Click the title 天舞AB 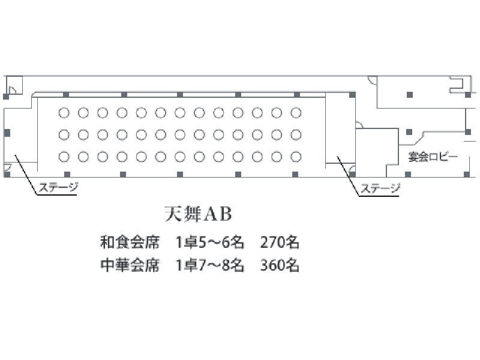tap(198, 214)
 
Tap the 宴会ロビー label tap(433, 157)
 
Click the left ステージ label tap(58, 187)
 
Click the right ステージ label tap(380, 188)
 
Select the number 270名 tap(280, 242)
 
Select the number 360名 tap(280, 265)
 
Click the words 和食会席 tap(130, 242)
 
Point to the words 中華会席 tap(130, 265)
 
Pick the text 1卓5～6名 tap(209, 242)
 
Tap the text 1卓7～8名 tap(209, 265)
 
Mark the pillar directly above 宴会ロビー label tap(409, 132)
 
